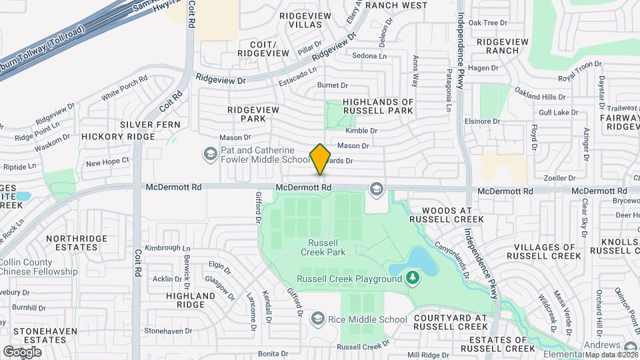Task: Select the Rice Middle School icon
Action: (x=317, y=319)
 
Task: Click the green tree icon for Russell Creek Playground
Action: (x=413, y=277)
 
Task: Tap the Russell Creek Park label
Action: (x=327, y=247)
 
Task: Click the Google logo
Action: (x=22, y=351)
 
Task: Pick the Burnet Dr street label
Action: (x=333, y=85)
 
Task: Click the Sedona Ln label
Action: (x=369, y=56)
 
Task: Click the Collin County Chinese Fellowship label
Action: (x=38, y=267)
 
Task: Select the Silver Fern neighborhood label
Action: (x=147, y=125)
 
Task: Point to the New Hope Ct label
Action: (x=107, y=162)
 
